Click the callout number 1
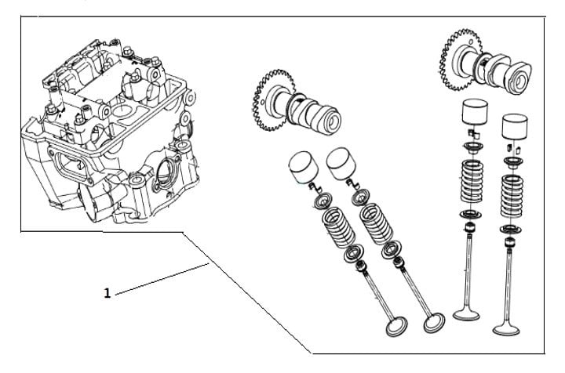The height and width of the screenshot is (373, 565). [x=107, y=293]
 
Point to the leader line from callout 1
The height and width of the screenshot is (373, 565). [x=162, y=279]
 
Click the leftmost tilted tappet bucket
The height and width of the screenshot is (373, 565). [x=304, y=167]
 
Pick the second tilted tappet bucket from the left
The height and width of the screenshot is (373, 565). [x=341, y=164]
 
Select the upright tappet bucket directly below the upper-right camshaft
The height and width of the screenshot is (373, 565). [x=475, y=112]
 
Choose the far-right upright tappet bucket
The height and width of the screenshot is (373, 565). [x=515, y=127]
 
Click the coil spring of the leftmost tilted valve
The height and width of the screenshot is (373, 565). [x=339, y=227]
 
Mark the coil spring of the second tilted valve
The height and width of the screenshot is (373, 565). [x=377, y=224]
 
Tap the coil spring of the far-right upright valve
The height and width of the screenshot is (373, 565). [x=512, y=196]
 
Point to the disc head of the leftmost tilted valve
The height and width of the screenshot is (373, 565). [x=396, y=326]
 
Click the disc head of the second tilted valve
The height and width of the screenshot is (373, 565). [x=434, y=323]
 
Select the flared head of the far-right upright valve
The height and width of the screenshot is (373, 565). [x=506, y=329]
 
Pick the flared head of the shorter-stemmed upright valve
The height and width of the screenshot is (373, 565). [x=466, y=314]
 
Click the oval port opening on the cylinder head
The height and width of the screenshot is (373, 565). [x=73, y=166]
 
